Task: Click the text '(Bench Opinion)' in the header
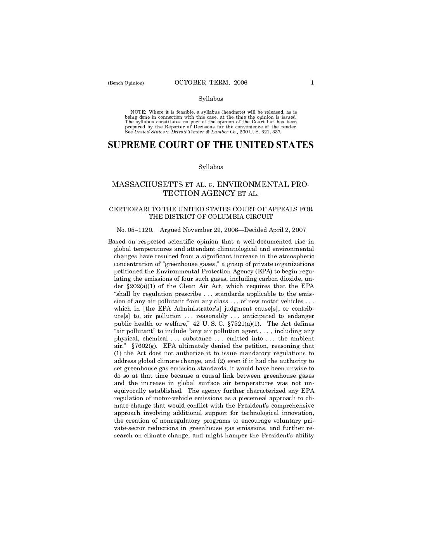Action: (126, 83)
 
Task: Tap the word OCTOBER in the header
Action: (190, 82)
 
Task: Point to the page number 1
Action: (312, 82)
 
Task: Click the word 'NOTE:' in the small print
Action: (138, 112)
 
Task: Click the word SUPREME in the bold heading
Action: (131, 145)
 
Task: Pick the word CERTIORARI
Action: (128, 209)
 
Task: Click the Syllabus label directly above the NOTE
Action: (211, 99)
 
